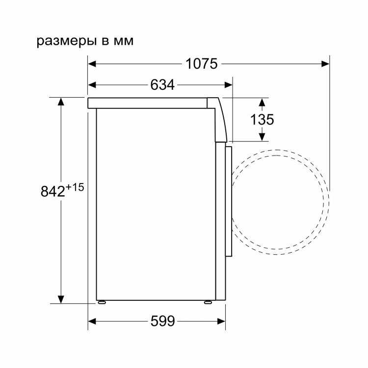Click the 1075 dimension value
click(202, 64)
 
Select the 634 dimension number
click(162, 85)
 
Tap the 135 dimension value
click(262, 119)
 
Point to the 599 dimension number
click(162, 321)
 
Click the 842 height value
click(53, 191)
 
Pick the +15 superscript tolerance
click(75, 187)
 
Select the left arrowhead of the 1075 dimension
click(92, 64)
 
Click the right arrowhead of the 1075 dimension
click(325, 64)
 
